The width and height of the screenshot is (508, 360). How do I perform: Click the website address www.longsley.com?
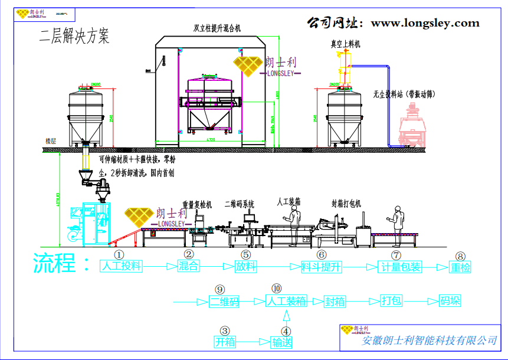425,24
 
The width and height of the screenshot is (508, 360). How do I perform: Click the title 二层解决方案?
74,37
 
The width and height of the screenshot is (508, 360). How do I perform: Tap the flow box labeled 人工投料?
122,266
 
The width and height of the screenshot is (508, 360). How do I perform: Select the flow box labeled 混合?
188,266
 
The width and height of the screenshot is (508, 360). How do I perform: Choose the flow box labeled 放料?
246,266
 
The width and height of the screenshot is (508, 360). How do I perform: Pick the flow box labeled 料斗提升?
322,266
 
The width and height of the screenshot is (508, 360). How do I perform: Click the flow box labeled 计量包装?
400,267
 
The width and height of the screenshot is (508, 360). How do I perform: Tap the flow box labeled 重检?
461,267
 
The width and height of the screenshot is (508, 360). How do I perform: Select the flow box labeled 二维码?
225,301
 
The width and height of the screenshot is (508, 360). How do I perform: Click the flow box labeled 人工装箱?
286,301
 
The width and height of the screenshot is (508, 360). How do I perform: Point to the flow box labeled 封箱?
335,301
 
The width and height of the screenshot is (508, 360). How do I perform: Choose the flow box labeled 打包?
391,301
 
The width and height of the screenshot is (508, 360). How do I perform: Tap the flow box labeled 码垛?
450,301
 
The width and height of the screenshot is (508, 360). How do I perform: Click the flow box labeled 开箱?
225,342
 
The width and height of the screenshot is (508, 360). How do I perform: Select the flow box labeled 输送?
281,342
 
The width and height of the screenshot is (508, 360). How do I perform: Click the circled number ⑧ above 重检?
461,256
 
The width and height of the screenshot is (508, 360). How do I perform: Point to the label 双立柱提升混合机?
217,28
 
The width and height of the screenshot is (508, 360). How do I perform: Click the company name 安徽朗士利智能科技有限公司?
429,340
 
